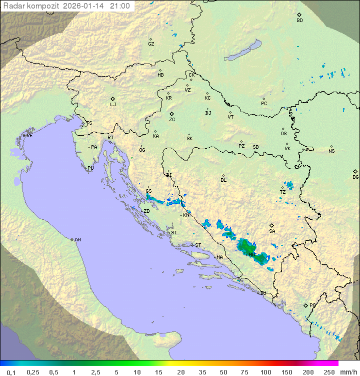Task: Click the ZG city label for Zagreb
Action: tap(172, 120)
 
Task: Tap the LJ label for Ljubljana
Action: tap(113, 105)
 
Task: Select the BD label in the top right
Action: tap(299, 21)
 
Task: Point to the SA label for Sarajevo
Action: tap(272, 231)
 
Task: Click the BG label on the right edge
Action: tap(355, 177)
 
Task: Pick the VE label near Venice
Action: tap(29, 136)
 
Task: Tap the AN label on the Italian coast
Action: tap(77, 240)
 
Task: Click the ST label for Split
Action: tap(198, 245)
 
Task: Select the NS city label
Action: tap(331, 151)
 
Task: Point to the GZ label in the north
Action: tap(151, 44)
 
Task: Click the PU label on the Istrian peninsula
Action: tap(90, 168)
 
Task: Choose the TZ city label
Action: tap(283, 192)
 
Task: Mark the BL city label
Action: tap(223, 180)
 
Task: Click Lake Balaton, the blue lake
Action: tap(243, 51)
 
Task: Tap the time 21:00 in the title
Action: tap(120, 6)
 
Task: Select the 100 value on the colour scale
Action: tap(265, 372)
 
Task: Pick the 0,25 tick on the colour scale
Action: tap(33, 372)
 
